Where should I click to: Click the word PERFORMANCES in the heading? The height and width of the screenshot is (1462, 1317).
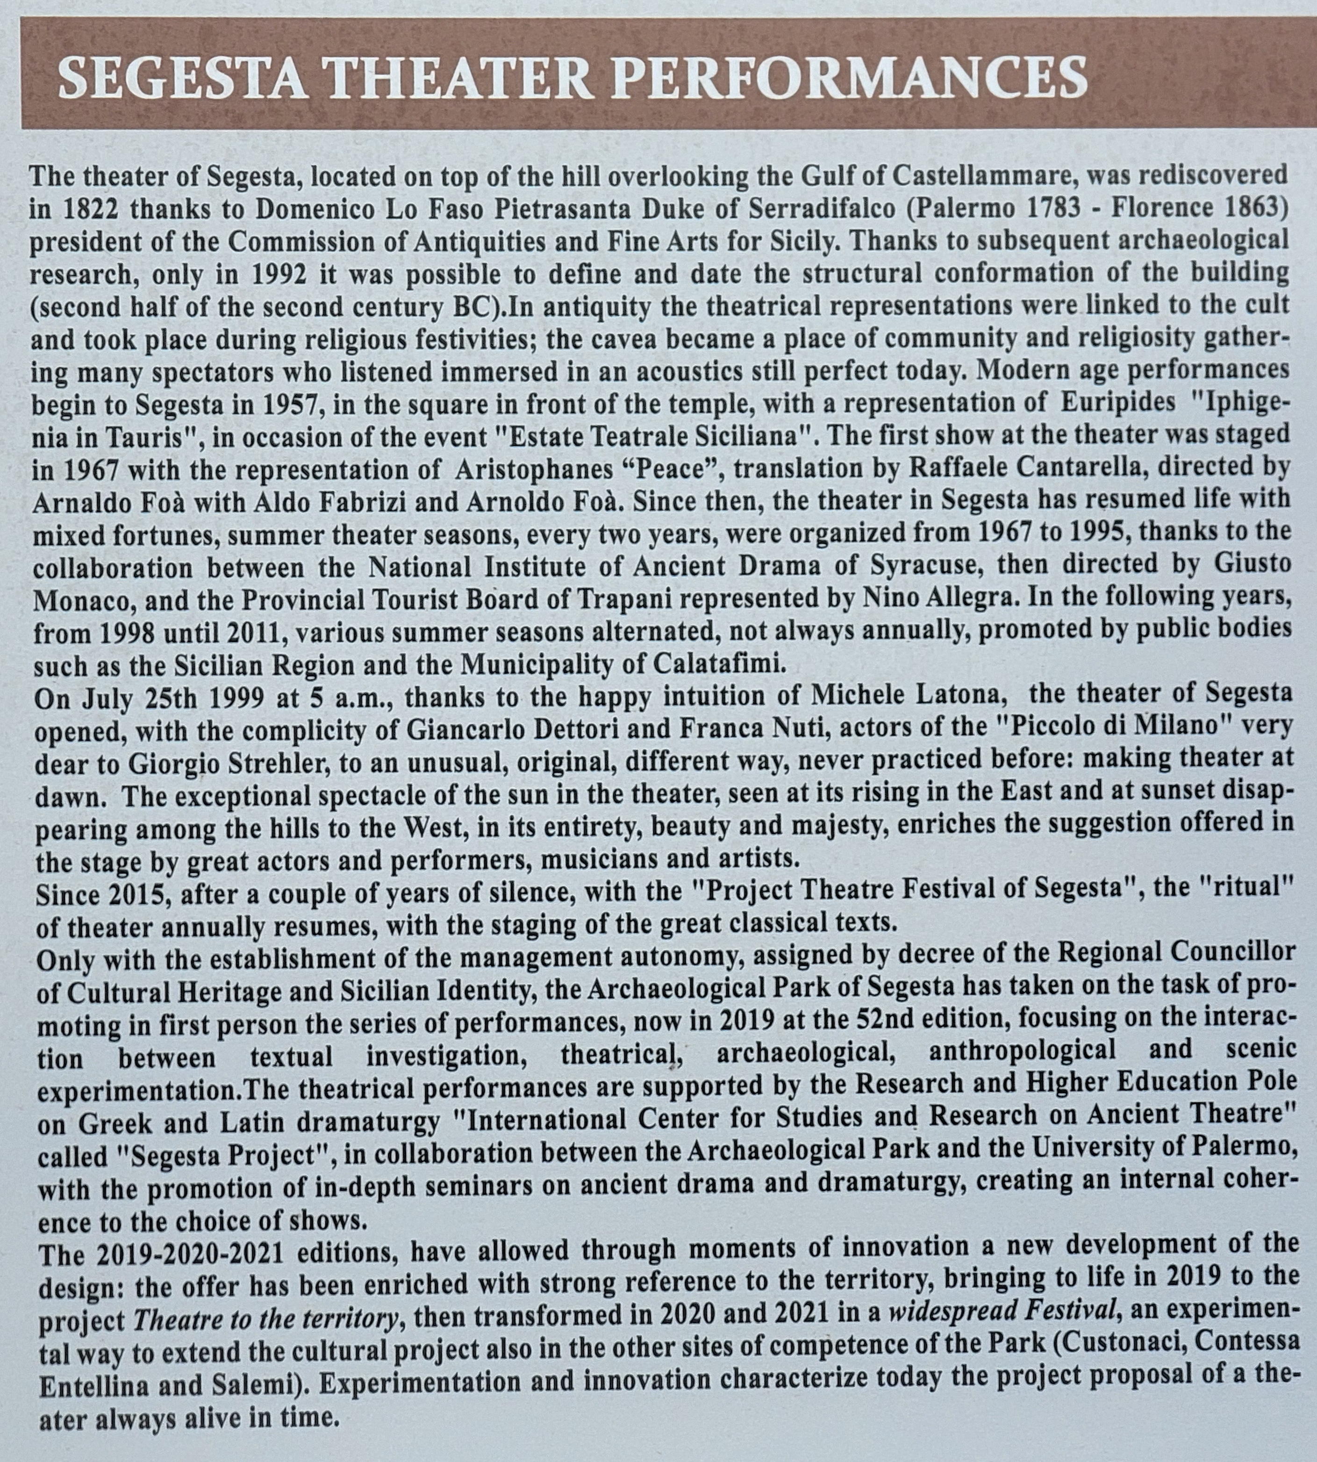850,78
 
